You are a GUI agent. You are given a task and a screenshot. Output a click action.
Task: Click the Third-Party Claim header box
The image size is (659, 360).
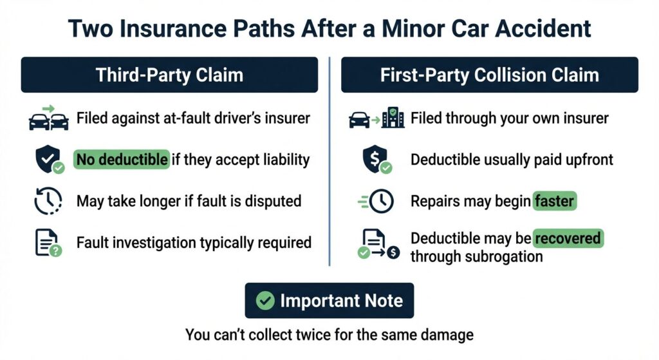(169, 75)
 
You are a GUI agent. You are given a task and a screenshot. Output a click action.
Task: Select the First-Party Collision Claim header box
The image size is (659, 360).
(490, 75)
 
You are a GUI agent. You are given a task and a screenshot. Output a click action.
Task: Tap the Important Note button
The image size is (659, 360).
(329, 300)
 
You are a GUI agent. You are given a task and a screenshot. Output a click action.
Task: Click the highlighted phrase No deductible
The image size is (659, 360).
(122, 160)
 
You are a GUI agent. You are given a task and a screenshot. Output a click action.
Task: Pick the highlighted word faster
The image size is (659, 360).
(554, 200)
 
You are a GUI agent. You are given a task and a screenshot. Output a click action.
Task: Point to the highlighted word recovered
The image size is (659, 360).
(568, 238)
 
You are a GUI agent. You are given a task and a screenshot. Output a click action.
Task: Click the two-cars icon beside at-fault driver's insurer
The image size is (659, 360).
(49, 118)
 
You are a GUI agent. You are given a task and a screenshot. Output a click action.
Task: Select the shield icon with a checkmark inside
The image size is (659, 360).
(50, 160)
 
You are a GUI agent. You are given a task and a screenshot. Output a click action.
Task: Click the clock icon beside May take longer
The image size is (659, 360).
(48, 201)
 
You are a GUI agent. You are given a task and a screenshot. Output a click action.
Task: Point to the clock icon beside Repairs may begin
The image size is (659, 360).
(376, 201)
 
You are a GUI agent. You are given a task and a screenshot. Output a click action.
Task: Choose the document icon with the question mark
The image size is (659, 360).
(48, 243)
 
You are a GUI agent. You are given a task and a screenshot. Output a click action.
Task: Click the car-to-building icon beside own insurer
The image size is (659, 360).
(376, 118)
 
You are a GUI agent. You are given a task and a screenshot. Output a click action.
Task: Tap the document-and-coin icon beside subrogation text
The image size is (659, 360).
(378, 244)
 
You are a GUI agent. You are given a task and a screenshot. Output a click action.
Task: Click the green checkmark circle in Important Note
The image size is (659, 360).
(265, 301)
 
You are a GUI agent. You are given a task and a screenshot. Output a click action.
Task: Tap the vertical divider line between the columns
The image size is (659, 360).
(329, 162)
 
